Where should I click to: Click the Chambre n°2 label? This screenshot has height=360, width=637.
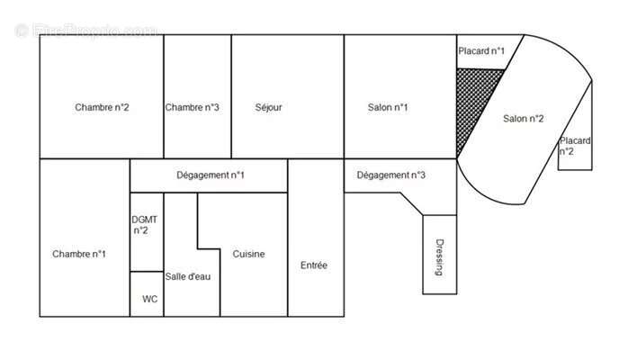point(102,107)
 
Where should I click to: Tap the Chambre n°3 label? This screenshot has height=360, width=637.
point(192,107)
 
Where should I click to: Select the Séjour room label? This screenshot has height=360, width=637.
point(268,107)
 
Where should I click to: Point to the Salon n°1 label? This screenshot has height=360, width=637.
point(388,107)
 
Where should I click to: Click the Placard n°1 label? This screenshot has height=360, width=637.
point(481,51)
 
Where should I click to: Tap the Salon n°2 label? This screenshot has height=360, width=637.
point(524,119)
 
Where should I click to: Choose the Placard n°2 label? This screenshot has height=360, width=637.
point(575,147)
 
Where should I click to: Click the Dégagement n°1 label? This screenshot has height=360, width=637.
point(210,175)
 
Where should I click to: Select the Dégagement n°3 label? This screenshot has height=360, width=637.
point(390,175)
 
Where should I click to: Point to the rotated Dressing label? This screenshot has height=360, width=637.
point(440,257)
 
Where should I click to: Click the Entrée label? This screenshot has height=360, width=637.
point(314,265)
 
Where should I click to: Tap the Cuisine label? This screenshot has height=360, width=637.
point(248,254)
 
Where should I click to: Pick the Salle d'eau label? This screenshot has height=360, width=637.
point(188,276)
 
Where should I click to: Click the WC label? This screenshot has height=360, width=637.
point(150,299)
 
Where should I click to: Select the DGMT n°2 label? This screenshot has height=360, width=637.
point(144,225)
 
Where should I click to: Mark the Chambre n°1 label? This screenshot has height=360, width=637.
point(79,254)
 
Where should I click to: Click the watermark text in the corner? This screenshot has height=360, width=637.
point(86,31)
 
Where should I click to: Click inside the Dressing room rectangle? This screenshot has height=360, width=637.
point(440,255)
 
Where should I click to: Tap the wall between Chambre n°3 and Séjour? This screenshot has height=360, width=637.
point(231,96)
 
